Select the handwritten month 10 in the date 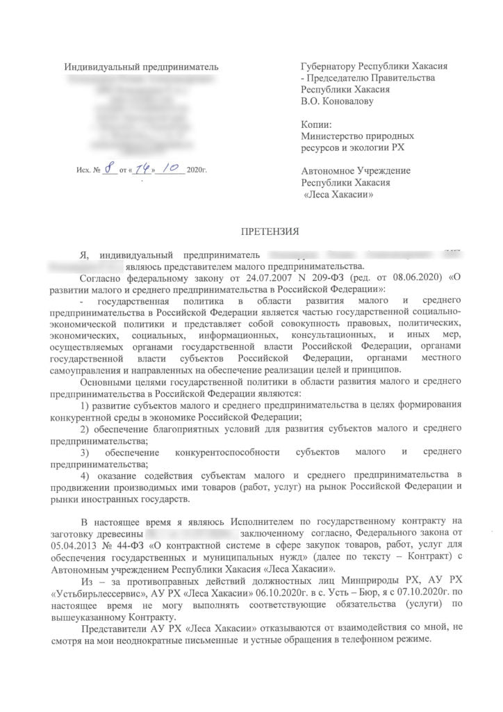tap(171, 169)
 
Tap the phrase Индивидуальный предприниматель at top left tap(141, 67)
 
